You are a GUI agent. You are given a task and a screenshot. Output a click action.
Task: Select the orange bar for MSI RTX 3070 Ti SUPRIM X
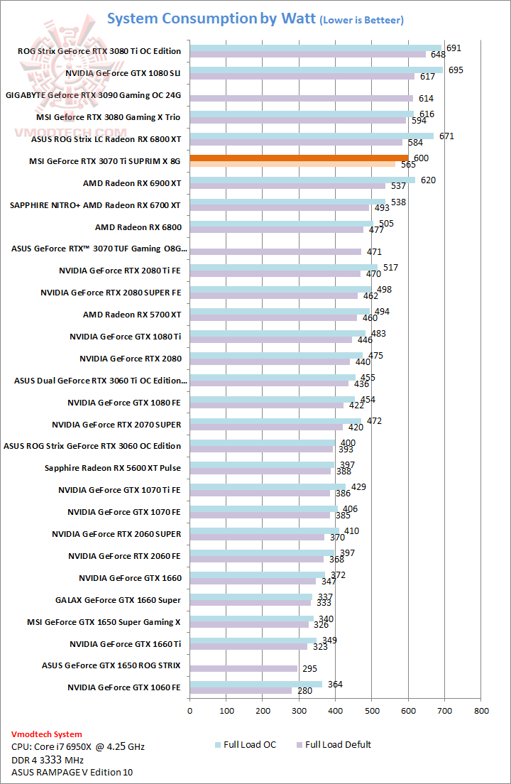299,158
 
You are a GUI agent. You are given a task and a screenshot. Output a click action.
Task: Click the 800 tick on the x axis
481,710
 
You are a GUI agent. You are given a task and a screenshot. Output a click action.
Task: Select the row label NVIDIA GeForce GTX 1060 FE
124,687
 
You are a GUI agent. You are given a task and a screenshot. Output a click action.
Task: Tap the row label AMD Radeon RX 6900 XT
132,183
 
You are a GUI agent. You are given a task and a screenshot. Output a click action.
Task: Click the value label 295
309,669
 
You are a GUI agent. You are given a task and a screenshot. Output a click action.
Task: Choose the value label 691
454,48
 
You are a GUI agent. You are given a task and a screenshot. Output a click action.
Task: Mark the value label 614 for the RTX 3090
426,99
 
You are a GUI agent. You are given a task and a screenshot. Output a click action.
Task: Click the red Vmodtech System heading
47,734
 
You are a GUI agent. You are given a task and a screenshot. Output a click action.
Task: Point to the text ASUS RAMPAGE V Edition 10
72,772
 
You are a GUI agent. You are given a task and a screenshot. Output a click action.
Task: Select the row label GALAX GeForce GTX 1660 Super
118,600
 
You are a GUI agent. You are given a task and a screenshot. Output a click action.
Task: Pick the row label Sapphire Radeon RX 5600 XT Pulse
112,468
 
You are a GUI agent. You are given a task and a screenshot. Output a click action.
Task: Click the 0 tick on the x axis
190,710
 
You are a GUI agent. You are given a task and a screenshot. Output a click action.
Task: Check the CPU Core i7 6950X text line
78,747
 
